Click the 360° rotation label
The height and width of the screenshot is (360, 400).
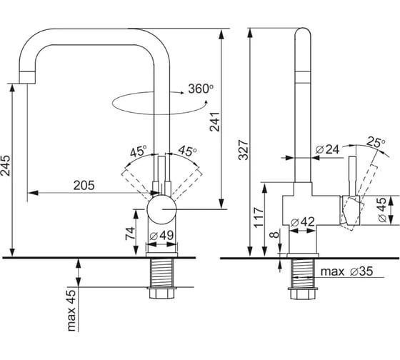point(201,89)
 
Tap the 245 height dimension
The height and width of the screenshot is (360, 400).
point(6,166)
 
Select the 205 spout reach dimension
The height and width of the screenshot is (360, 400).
point(84,186)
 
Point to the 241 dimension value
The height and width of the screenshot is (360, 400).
point(214,121)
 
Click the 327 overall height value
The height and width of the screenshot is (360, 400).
point(243,150)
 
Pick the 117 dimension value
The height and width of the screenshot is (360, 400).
point(259,218)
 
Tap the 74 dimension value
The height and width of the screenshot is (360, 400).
point(130,234)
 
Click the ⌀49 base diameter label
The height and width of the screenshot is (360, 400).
point(161,236)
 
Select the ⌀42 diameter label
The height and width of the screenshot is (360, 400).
point(303,222)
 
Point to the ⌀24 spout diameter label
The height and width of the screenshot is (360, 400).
point(327,149)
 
